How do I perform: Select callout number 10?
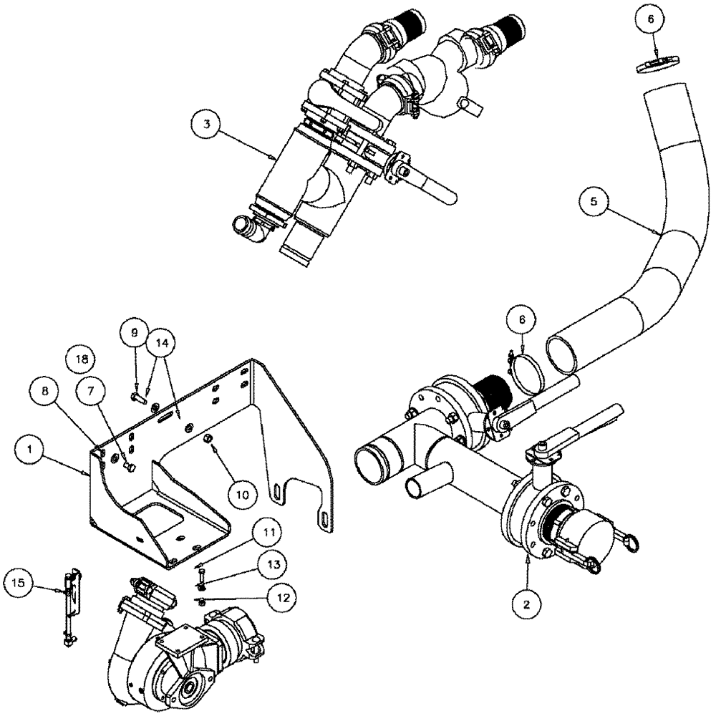tap(243, 493)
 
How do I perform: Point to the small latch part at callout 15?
tap(69, 598)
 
